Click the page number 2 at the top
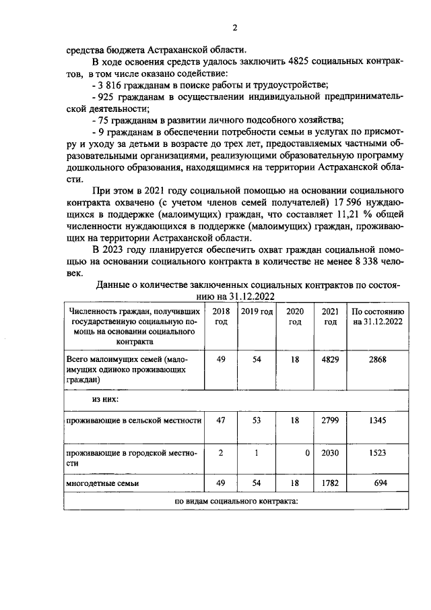point(234,28)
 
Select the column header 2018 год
point(220,317)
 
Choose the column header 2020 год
point(295,317)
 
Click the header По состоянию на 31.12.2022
point(378,317)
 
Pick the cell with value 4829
point(330,360)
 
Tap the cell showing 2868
point(378,360)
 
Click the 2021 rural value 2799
point(330,420)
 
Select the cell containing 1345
point(378,420)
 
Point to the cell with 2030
point(330,454)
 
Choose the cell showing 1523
point(378,454)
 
